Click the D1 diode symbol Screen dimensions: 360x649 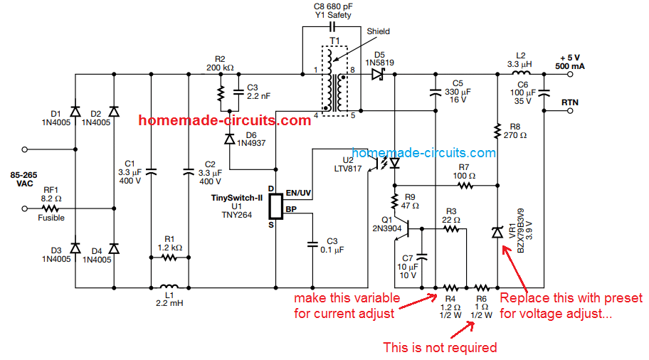point(75,111)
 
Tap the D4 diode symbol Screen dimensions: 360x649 point(114,248)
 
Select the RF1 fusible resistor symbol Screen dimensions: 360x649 point(51,208)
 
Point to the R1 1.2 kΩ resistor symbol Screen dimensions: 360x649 point(169,260)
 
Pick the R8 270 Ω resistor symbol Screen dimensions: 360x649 point(497,130)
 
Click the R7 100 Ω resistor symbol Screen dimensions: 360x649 point(464,185)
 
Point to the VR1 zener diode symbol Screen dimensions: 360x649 point(497,233)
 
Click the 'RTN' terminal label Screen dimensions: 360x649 point(570,102)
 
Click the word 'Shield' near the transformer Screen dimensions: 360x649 point(378,31)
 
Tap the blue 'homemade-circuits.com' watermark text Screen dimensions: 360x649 point(423,152)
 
